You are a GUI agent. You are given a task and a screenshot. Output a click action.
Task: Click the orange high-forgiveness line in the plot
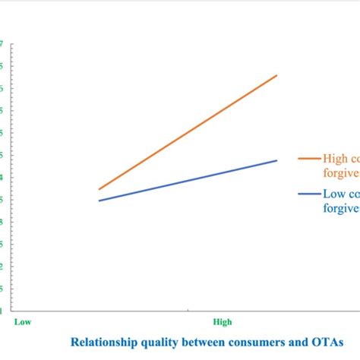(188, 132)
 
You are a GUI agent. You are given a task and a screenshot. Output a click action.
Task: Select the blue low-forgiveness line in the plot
(188, 180)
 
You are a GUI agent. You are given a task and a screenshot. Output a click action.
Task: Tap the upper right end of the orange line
(277, 75)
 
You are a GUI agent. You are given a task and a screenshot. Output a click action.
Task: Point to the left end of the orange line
(99, 189)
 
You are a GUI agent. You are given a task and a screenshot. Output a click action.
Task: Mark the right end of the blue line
(277, 160)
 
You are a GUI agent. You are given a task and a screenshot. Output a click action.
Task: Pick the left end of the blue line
(99, 201)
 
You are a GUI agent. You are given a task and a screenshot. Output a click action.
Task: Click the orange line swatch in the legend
(309, 158)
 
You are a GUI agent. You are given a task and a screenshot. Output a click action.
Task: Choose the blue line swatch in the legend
(309, 194)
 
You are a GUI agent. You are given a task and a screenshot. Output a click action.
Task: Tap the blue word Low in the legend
(333, 194)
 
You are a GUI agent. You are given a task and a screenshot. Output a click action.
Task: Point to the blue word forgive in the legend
(341, 207)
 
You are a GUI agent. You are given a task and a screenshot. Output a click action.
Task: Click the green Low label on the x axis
(22, 321)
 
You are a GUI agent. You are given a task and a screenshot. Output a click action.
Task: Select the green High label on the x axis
(222, 321)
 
